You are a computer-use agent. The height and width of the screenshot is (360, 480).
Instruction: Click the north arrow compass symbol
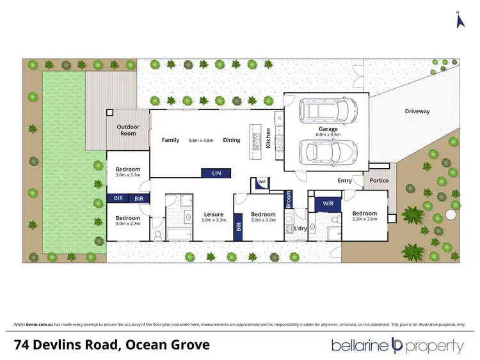pos(458,20)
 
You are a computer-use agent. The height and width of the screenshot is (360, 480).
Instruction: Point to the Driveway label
pos(417,111)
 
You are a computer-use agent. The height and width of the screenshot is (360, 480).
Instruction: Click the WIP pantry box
pos(262,182)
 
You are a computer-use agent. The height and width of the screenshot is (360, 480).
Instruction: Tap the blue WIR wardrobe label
pos(328,204)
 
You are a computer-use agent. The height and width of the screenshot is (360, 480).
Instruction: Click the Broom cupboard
pos(289,200)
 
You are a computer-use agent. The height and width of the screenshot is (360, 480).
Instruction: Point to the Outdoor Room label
pos(127,130)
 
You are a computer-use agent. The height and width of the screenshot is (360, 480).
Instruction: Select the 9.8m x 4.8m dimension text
pos(202,140)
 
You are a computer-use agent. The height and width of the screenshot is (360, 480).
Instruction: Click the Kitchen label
pos(269,139)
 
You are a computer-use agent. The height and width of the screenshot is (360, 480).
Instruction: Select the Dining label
pos(232,140)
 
